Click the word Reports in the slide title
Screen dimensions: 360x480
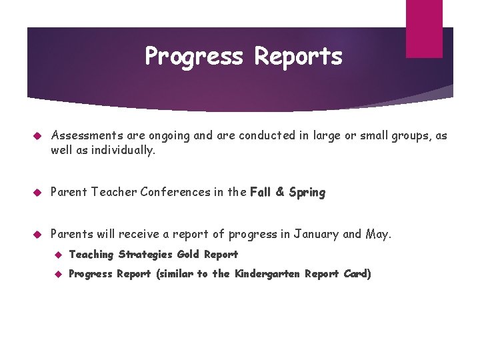(297, 57)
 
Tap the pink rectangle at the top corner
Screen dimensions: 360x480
(424, 28)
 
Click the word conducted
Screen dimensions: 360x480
(269, 136)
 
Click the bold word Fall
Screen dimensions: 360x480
(261, 193)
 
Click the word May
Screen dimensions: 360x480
(377, 235)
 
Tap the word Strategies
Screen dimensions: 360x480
(146, 255)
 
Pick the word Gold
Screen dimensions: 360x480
(189, 254)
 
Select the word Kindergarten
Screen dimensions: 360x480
(268, 274)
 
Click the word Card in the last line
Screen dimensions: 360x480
(357, 274)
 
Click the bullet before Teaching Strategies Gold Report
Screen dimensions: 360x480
(58, 255)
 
